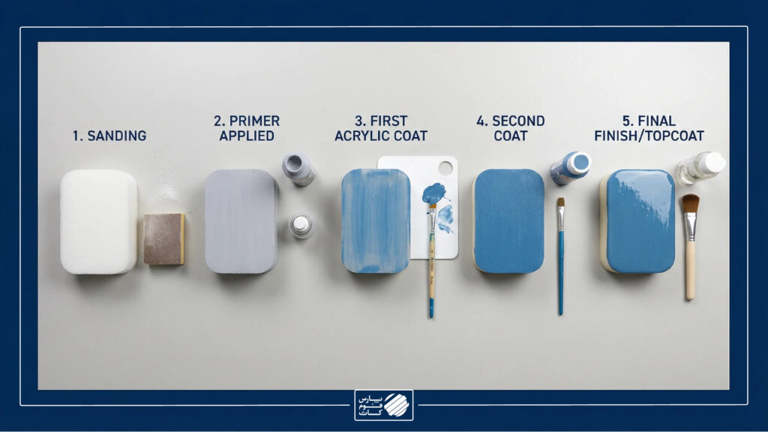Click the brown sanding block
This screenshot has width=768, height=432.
click(x=164, y=239)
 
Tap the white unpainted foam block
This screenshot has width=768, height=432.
click(x=98, y=221)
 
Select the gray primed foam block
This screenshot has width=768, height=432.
click(x=241, y=221)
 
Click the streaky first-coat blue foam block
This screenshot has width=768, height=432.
click(x=376, y=221)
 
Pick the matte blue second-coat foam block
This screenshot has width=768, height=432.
click(x=509, y=221)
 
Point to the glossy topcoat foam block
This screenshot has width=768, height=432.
click(x=639, y=221)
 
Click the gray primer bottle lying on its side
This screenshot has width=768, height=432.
click(x=298, y=169)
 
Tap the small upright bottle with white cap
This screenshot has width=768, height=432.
click(x=301, y=226)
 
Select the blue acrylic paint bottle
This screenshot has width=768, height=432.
click(x=570, y=167)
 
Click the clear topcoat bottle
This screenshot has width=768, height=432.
click(x=700, y=167)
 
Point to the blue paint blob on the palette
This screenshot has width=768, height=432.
click(x=433, y=193)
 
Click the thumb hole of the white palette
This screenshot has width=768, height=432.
click(x=445, y=167)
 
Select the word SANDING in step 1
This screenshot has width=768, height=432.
click(x=116, y=136)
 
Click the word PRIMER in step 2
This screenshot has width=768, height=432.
click(x=254, y=121)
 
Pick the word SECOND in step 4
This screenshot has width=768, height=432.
click(x=518, y=121)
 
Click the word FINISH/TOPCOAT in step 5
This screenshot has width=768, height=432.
click(x=649, y=136)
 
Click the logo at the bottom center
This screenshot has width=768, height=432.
click(x=384, y=405)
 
